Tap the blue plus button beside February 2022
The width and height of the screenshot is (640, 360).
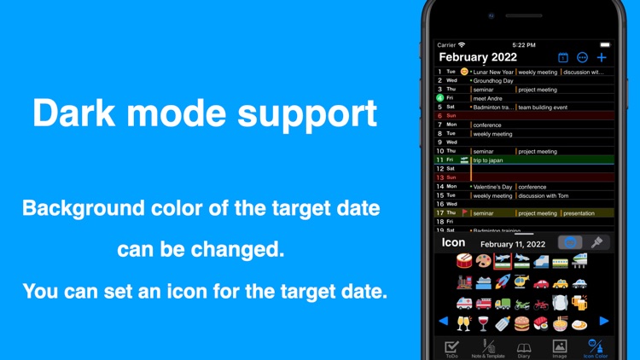click(x=602, y=57)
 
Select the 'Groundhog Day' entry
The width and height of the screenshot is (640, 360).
click(x=493, y=80)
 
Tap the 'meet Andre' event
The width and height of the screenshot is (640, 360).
click(x=487, y=98)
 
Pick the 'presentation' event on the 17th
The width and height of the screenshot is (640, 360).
click(x=579, y=213)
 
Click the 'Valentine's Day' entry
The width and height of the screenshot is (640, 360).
click(x=492, y=187)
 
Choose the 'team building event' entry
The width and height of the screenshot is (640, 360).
click(x=543, y=107)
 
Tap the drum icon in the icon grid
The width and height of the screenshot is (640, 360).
click(x=464, y=260)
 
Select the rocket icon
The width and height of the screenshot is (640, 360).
click(x=502, y=282)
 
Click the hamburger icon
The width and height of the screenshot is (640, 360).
click(x=521, y=323)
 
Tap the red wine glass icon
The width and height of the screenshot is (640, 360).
click(x=483, y=323)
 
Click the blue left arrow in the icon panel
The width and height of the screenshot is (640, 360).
click(x=443, y=322)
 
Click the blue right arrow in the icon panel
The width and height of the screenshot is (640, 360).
click(x=604, y=322)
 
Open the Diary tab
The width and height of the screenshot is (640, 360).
click(x=524, y=348)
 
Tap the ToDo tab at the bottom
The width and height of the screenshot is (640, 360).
click(x=451, y=348)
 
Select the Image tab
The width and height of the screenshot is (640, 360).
click(x=559, y=348)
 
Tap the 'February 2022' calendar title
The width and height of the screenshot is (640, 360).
click(x=478, y=57)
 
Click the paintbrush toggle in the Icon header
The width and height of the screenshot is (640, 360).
click(x=596, y=243)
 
